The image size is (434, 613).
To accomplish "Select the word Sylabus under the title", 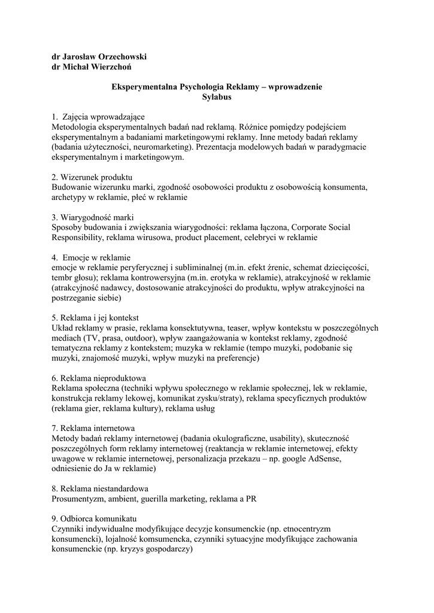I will pyautogui.click(x=217, y=97).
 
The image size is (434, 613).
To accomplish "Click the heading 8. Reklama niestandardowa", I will pyautogui.click(x=100, y=489).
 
